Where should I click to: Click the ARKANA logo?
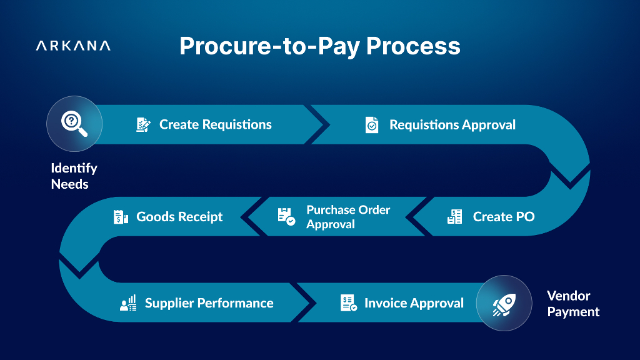[x=73, y=46]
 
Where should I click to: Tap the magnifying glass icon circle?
[x=74, y=124]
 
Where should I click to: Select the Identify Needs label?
[x=74, y=176]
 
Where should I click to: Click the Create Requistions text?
[x=215, y=124]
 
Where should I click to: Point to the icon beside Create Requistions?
[x=143, y=124]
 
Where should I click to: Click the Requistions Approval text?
[x=452, y=125]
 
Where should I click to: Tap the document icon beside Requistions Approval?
[x=372, y=125]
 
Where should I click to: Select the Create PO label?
[x=503, y=217]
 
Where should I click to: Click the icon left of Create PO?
[x=455, y=217]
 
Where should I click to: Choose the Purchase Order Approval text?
[x=347, y=217]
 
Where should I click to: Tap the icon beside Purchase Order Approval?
[x=286, y=217]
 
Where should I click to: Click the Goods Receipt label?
[x=179, y=217]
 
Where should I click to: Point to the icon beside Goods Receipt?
[x=121, y=217]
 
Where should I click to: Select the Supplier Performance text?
[x=209, y=303]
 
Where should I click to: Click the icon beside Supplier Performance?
[x=128, y=304]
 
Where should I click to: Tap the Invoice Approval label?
[x=414, y=303]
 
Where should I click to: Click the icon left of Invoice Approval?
[x=348, y=303]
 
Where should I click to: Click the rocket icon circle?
[x=504, y=303]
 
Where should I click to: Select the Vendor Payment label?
[x=573, y=304]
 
